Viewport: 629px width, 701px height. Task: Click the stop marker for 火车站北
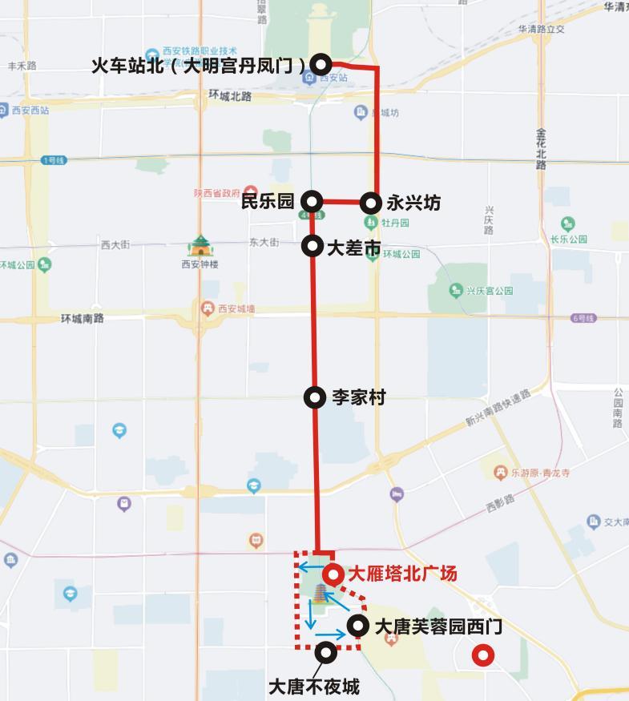click(321, 64)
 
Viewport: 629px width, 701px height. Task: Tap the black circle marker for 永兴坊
click(370, 202)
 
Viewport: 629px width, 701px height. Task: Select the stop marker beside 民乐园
click(312, 202)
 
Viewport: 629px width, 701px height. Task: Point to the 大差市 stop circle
click(312, 246)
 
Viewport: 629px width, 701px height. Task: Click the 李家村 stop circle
click(316, 397)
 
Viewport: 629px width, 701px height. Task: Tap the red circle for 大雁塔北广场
click(333, 574)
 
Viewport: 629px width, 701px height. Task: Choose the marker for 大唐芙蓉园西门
click(358, 626)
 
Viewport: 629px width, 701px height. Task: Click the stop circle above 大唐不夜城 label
click(326, 652)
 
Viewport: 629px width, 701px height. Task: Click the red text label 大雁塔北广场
click(402, 574)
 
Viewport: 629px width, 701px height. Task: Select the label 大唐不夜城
click(313, 687)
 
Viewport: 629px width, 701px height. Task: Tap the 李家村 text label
click(359, 397)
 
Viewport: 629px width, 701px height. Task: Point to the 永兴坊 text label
click(413, 203)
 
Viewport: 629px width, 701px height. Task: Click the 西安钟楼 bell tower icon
click(200, 245)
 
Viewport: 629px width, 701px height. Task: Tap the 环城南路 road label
click(83, 319)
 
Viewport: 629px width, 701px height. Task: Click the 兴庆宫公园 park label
click(489, 291)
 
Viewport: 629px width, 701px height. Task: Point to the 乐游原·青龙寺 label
click(541, 473)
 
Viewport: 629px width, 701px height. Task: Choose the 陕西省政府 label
click(216, 193)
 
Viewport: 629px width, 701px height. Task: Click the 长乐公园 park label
click(568, 239)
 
